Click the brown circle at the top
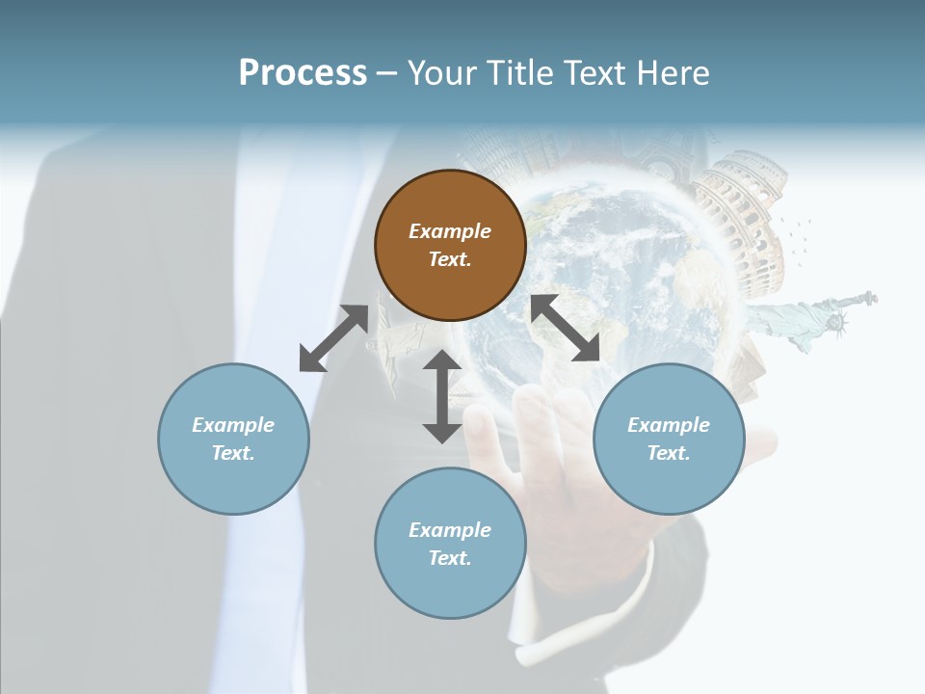[450, 245]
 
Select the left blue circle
[233, 439]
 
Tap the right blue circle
[669, 439]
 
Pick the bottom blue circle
[450, 544]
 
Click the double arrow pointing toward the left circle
[333, 338]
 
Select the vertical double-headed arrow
[442, 396]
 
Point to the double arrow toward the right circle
[566, 328]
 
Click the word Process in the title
[303, 72]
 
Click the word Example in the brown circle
[450, 231]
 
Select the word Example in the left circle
[233, 425]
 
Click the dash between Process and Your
[387, 73]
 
